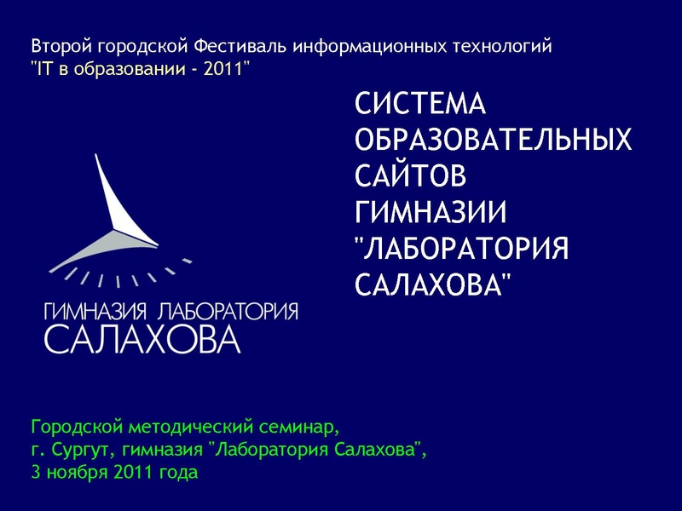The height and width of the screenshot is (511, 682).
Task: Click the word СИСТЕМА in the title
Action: [419, 106]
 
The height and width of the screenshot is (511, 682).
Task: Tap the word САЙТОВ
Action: [411, 175]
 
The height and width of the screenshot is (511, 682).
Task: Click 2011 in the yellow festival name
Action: [223, 68]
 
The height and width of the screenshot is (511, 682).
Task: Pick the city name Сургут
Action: [82, 449]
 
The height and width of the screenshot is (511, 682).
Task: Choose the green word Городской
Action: [73, 426]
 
